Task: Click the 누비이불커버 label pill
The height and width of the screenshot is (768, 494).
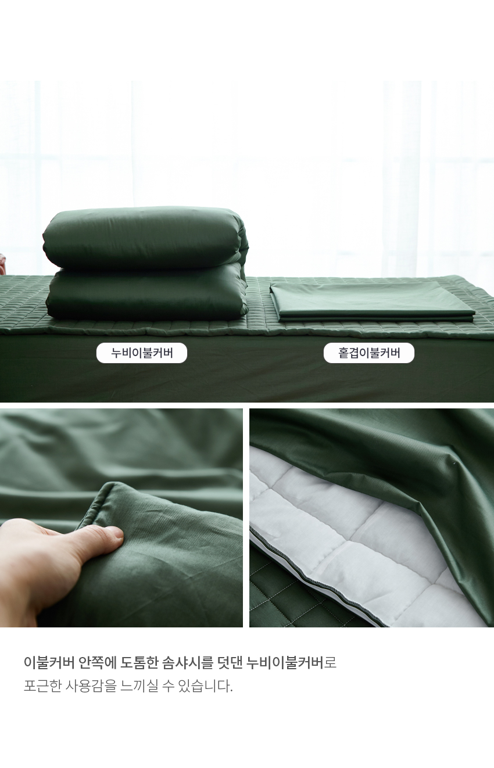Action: [x=142, y=353]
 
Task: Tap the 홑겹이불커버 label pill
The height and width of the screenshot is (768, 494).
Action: [x=369, y=353]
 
